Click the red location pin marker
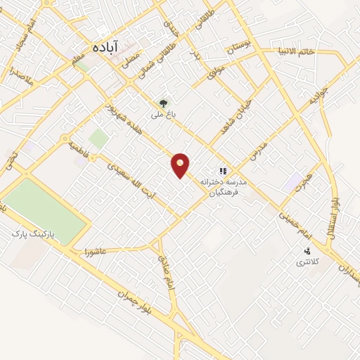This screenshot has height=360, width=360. coord(181,165)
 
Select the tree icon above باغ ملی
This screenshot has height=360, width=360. coord(164,103)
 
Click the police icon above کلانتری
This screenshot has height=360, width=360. coord(307,252)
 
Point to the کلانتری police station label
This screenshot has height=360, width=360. coord(306,262)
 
